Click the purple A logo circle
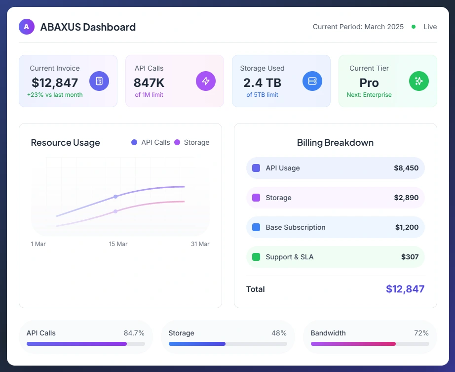pos(27,27)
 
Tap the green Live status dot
pos(414,27)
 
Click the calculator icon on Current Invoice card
pos(99,81)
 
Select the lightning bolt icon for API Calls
pos(206,81)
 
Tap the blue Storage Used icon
pos(312,81)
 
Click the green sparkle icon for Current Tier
pos(419,81)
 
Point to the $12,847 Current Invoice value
pos(55,83)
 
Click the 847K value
pos(149,83)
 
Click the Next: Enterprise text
pos(369,95)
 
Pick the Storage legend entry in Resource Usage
pos(192,142)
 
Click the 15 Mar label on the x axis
pos(118,244)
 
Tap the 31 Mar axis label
pos(200,244)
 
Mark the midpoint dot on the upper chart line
pos(115,197)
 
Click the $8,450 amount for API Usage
pos(406,168)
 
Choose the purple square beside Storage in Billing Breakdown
pos(256,198)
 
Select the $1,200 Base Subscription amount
pos(407,227)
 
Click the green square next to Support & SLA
pos(256,257)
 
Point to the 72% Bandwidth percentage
pos(421,333)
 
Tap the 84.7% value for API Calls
pos(134,333)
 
